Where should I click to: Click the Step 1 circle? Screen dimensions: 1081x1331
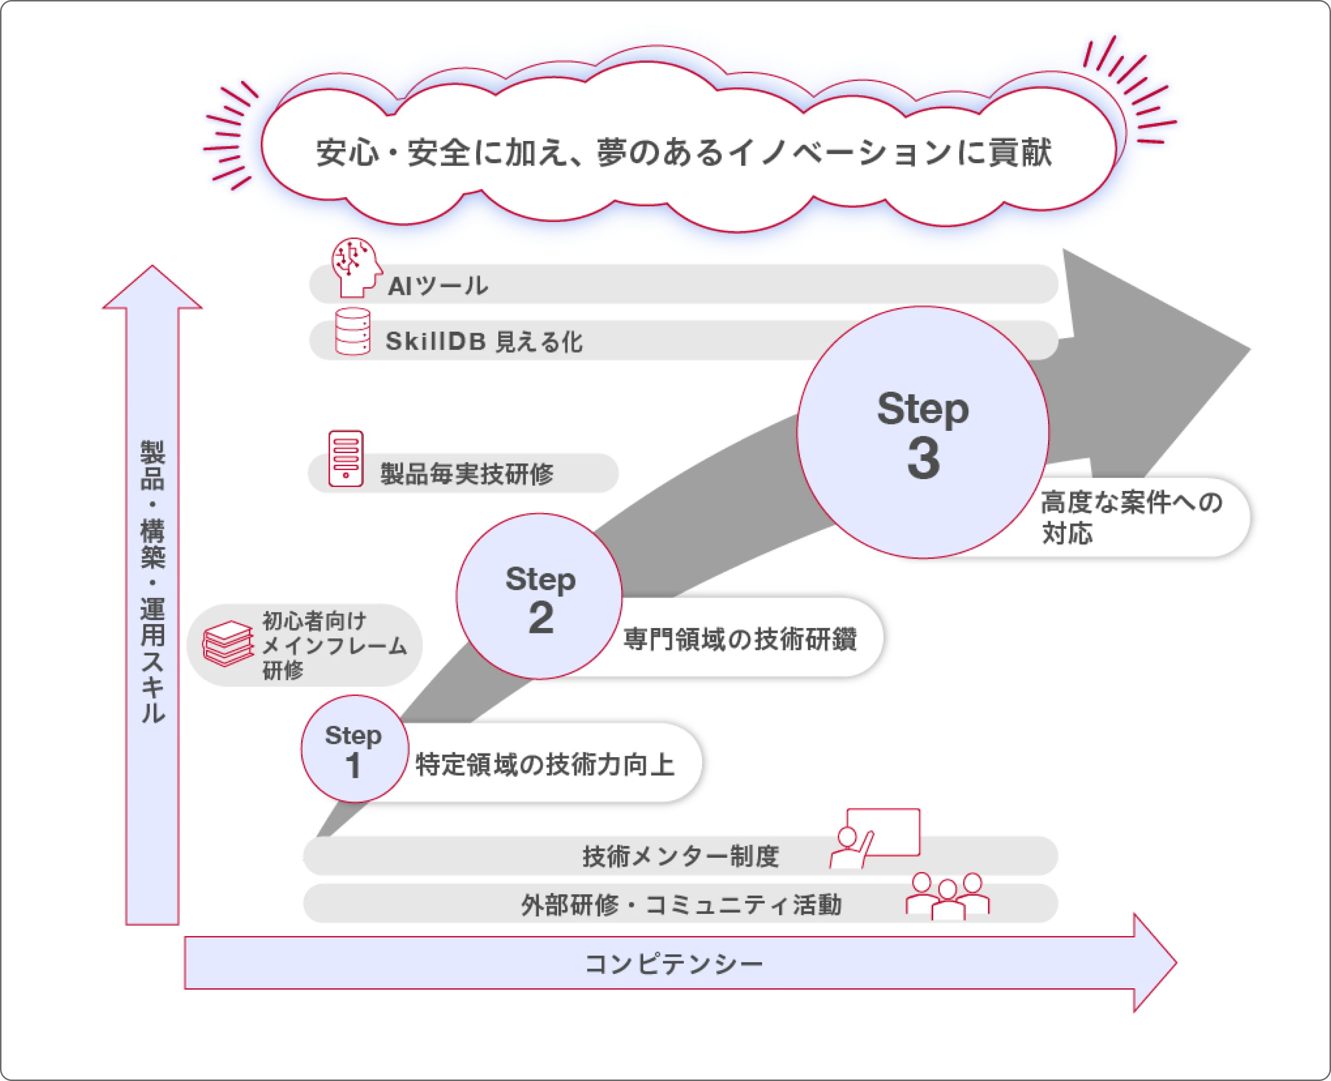pos(354,749)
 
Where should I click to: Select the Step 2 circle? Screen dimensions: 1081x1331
pos(539,596)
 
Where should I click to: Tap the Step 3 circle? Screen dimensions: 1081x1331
pos(922,432)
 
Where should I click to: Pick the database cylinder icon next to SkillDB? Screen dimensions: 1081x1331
pos(352,332)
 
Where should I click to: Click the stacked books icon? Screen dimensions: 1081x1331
pos(228,644)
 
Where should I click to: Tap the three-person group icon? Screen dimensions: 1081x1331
pos(946,896)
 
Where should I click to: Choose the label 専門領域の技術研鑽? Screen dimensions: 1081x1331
pos(739,639)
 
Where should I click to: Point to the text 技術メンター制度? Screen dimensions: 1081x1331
pos(680,857)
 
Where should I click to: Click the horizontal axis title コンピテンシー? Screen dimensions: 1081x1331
pos(673,964)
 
